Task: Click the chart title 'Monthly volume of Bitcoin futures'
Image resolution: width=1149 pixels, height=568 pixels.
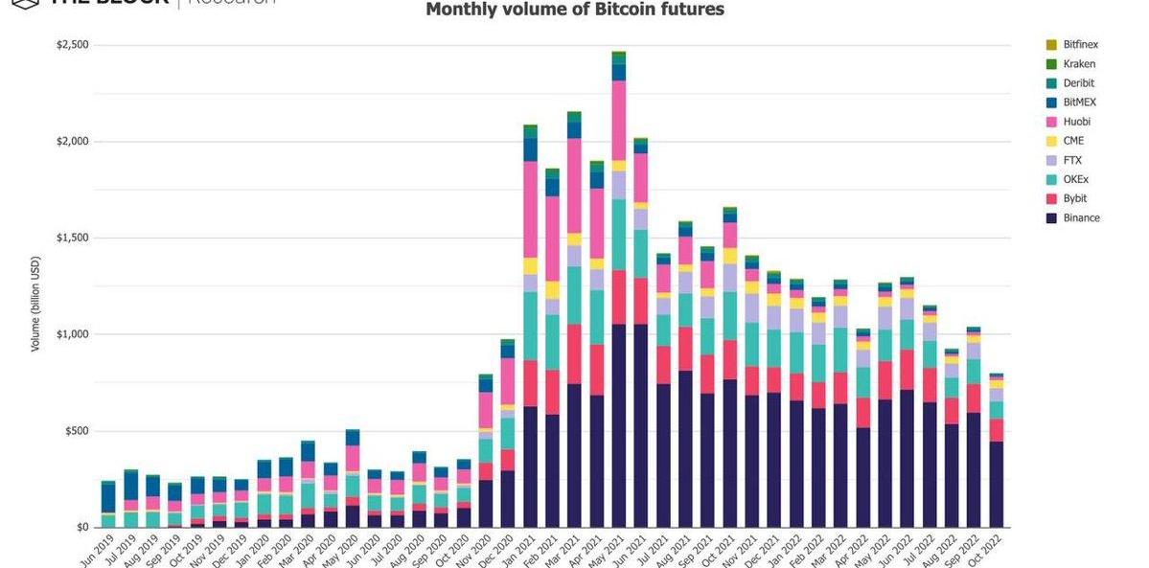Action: [575, 11]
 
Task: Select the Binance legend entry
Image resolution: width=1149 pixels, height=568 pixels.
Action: [1080, 217]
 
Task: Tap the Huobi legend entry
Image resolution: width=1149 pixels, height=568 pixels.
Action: [1076, 122]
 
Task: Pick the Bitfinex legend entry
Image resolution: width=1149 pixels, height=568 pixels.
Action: [1079, 45]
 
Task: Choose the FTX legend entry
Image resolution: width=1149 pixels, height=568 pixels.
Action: [1073, 160]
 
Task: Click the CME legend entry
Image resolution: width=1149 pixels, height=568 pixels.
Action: [1073, 141]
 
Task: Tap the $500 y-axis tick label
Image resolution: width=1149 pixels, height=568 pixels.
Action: [75, 431]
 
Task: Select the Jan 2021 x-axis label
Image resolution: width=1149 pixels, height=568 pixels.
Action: [518, 548]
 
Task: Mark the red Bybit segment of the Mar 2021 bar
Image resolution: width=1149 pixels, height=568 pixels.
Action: [575, 354]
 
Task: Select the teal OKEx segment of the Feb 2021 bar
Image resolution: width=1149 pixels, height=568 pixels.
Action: [552, 342]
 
